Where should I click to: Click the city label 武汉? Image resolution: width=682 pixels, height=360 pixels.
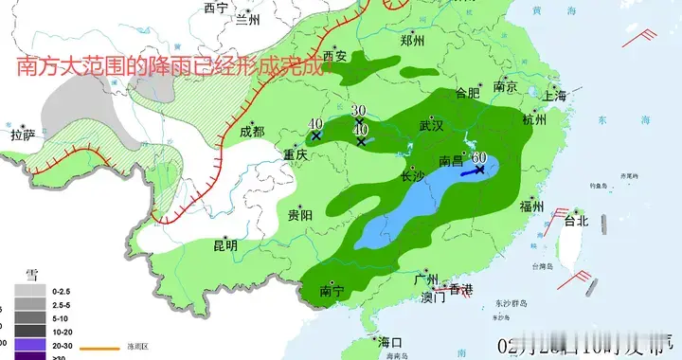(433, 126)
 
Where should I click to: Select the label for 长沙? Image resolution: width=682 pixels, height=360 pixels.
(413, 176)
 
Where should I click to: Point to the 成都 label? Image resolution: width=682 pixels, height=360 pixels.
(252, 132)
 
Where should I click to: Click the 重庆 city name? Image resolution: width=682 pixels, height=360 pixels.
(296, 153)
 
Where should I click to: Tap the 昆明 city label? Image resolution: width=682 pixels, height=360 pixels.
(225, 245)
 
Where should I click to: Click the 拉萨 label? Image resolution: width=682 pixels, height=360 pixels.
(23, 135)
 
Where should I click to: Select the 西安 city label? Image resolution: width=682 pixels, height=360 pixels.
(335, 56)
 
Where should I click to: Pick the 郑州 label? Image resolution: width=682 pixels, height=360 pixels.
(412, 40)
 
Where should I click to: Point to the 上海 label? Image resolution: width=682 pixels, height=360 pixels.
(553, 96)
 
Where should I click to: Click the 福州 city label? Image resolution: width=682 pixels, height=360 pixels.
(531, 207)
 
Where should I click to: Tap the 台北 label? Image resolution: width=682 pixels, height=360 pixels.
(576, 221)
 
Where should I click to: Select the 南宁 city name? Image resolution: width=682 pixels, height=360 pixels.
(332, 290)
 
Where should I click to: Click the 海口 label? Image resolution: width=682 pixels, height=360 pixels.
(389, 342)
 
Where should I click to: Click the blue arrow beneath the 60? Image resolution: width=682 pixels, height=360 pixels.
(473, 172)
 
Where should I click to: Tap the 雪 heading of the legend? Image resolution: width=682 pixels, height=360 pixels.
(31, 275)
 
